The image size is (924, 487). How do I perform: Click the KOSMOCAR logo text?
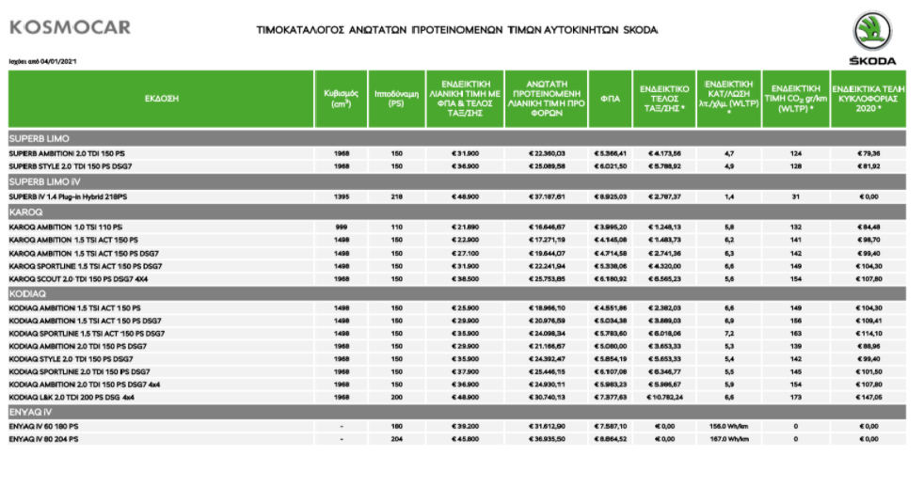(71, 28)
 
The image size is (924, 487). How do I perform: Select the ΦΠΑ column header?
(610, 98)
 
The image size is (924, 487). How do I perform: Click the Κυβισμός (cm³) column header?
(341, 98)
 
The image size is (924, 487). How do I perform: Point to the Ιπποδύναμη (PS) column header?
(396, 98)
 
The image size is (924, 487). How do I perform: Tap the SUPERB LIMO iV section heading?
(44, 181)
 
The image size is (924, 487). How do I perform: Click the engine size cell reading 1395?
(341, 196)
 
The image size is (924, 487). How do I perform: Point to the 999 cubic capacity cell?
(341, 228)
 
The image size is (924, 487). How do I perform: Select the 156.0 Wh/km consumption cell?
(728, 426)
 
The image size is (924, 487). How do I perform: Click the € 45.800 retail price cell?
(465, 439)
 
